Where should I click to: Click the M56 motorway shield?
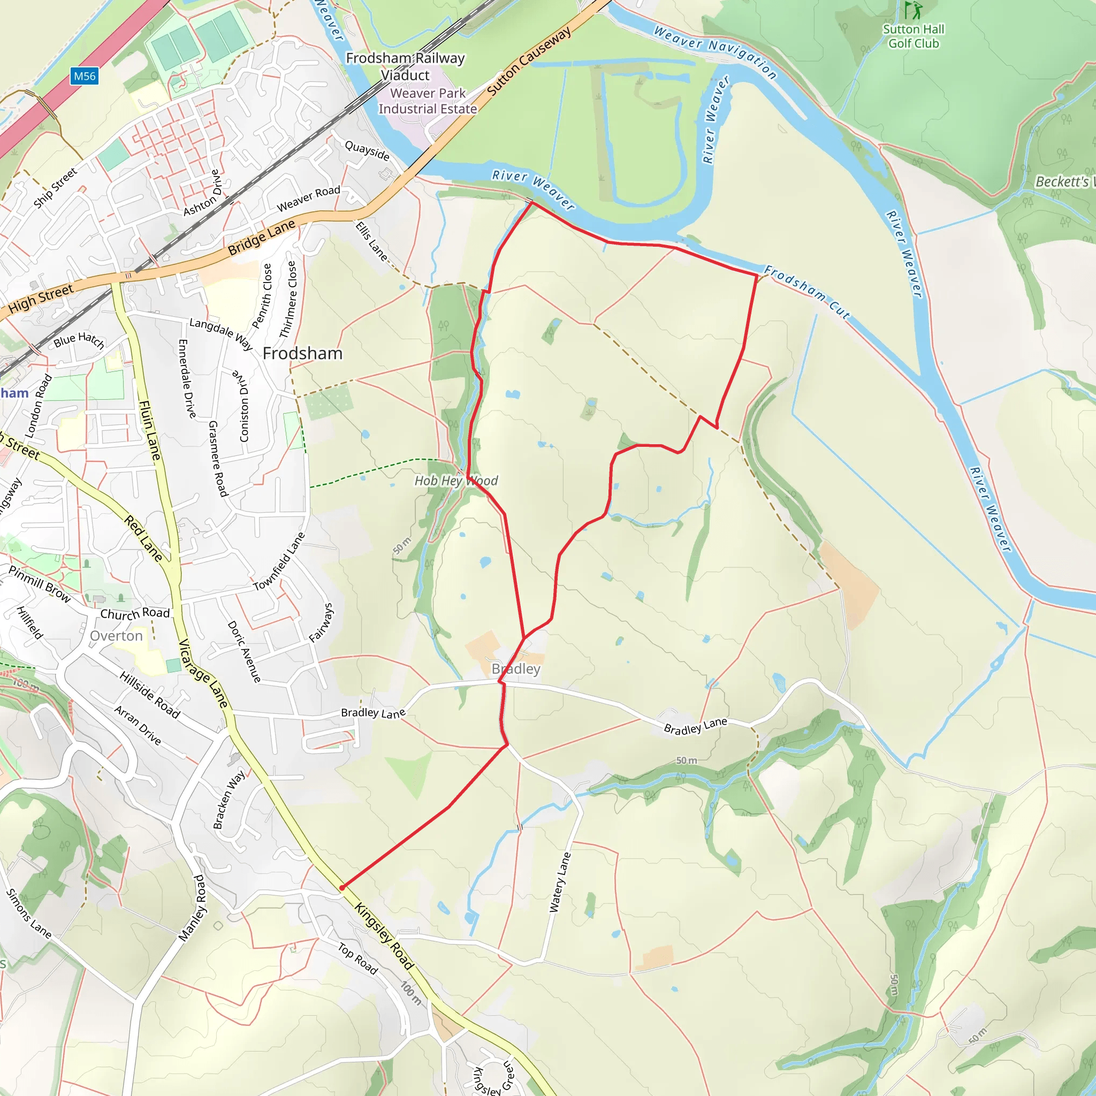coord(85,76)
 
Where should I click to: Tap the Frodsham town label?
coord(302,353)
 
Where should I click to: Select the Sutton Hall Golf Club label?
coord(914,36)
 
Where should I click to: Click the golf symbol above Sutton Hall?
coord(913,10)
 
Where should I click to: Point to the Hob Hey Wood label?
coord(456,481)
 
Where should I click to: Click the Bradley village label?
coord(516,669)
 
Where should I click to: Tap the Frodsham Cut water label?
coord(807,292)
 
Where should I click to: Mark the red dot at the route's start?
coord(342,888)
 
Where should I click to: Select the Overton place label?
coord(116,636)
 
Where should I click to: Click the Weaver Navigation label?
coord(715,51)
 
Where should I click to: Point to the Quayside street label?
coord(367,150)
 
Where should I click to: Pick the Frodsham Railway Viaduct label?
coord(405,66)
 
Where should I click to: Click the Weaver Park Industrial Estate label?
coord(428,101)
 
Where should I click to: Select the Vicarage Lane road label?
coord(203,673)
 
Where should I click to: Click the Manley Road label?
coord(192,908)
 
